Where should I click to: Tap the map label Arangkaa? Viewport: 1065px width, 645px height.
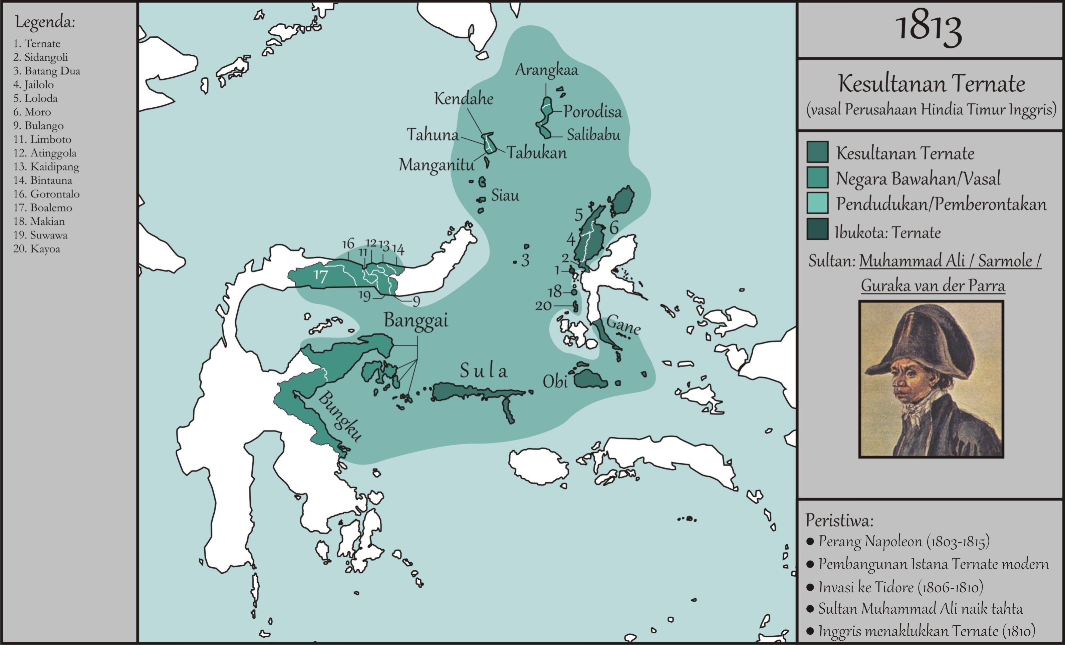pyautogui.click(x=546, y=70)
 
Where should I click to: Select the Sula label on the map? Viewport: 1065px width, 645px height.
pyautogui.click(x=483, y=371)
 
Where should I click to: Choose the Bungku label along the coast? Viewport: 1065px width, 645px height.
pyautogui.click(x=340, y=416)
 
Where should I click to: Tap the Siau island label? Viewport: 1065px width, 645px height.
pyautogui.click(x=505, y=196)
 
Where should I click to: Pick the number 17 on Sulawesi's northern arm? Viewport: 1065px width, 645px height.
pyautogui.click(x=321, y=275)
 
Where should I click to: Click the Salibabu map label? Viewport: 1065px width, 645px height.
pyautogui.click(x=593, y=135)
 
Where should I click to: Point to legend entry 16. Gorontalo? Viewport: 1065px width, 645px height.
pyautogui.click(x=46, y=194)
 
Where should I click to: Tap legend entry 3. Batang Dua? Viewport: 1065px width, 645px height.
pyautogui.click(x=47, y=71)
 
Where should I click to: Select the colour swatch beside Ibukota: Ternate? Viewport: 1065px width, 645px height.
pyautogui.click(x=817, y=229)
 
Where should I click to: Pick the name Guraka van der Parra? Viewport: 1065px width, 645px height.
pyautogui.click(x=933, y=285)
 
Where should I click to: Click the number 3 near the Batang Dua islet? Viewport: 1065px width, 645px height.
pyautogui.click(x=525, y=260)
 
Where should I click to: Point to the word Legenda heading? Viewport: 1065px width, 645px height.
pyautogui.click(x=45, y=22)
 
